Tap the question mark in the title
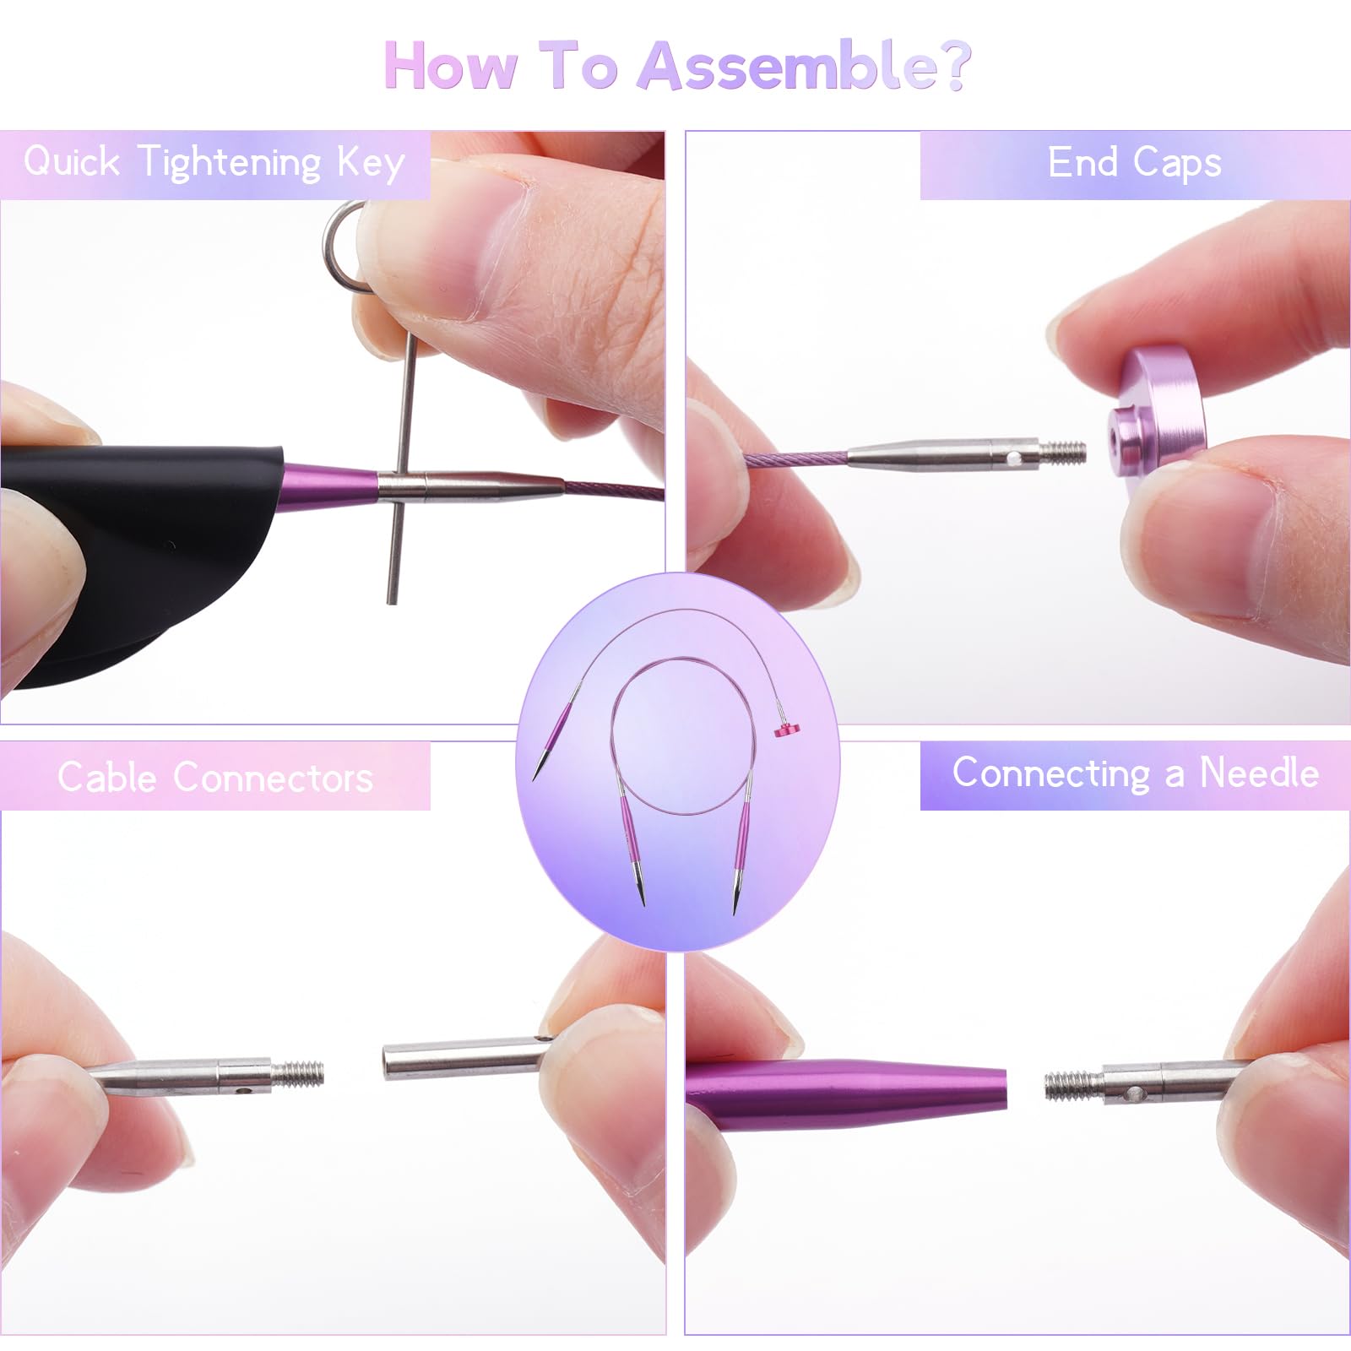pyautogui.click(x=952, y=66)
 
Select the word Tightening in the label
pyautogui.click(x=230, y=163)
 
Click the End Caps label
pyautogui.click(x=1134, y=162)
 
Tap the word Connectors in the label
pyautogui.click(x=273, y=777)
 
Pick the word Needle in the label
pyautogui.click(x=1259, y=773)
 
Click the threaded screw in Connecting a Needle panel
pyautogui.click(x=1072, y=1085)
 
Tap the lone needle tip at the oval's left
pyautogui.click(x=538, y=769)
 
